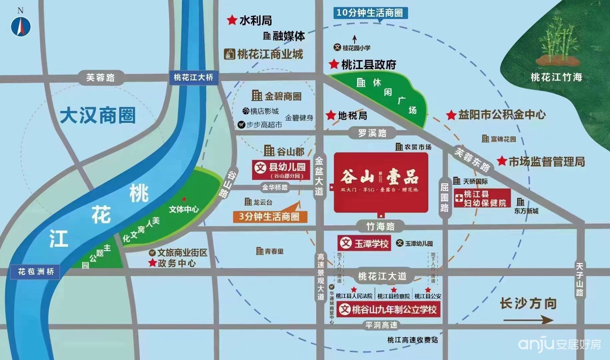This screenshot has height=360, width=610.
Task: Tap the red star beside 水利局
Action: coord(232,20)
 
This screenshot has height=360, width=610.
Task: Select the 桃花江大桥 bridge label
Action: coord(193,77)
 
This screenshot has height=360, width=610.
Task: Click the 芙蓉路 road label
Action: coord(100,77)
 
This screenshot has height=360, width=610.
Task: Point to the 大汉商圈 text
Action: coord(98,116)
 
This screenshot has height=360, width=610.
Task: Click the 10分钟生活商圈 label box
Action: coord(370,13)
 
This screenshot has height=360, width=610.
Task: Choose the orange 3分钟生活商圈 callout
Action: coord(269,216)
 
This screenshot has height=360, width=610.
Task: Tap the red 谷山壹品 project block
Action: coord(381,182)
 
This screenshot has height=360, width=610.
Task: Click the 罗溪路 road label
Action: coord(372,133)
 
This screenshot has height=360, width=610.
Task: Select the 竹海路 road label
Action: coord(380,226)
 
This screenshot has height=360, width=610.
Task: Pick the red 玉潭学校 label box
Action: coord(364,243)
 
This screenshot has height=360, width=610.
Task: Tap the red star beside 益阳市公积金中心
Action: coord(451,115)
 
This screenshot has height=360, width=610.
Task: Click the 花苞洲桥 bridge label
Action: coord(36,271)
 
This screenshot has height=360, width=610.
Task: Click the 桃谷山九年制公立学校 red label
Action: coord(389,310)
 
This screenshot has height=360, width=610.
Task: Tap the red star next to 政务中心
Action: coord(152,263)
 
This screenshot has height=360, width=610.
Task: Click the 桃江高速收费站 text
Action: coord(412,340)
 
